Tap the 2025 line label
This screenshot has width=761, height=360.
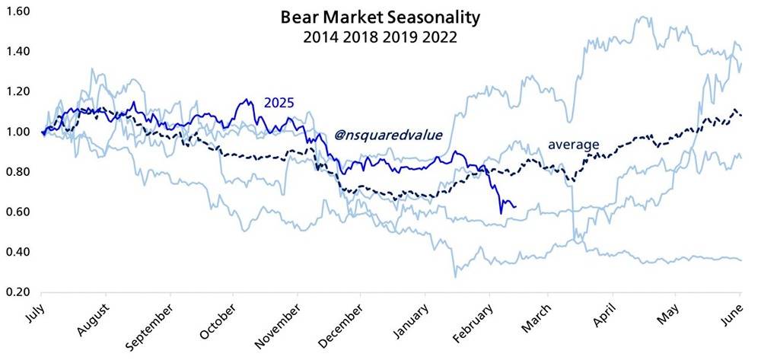pyautogui.click(x=279, y=103)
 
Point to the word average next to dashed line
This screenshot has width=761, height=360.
pyautogui.click(x=574, y=143)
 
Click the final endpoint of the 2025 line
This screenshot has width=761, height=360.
pyautogui.click(x=516, y=206)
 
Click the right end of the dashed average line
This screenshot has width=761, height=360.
pyautogui.click(x=741, y=115)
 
